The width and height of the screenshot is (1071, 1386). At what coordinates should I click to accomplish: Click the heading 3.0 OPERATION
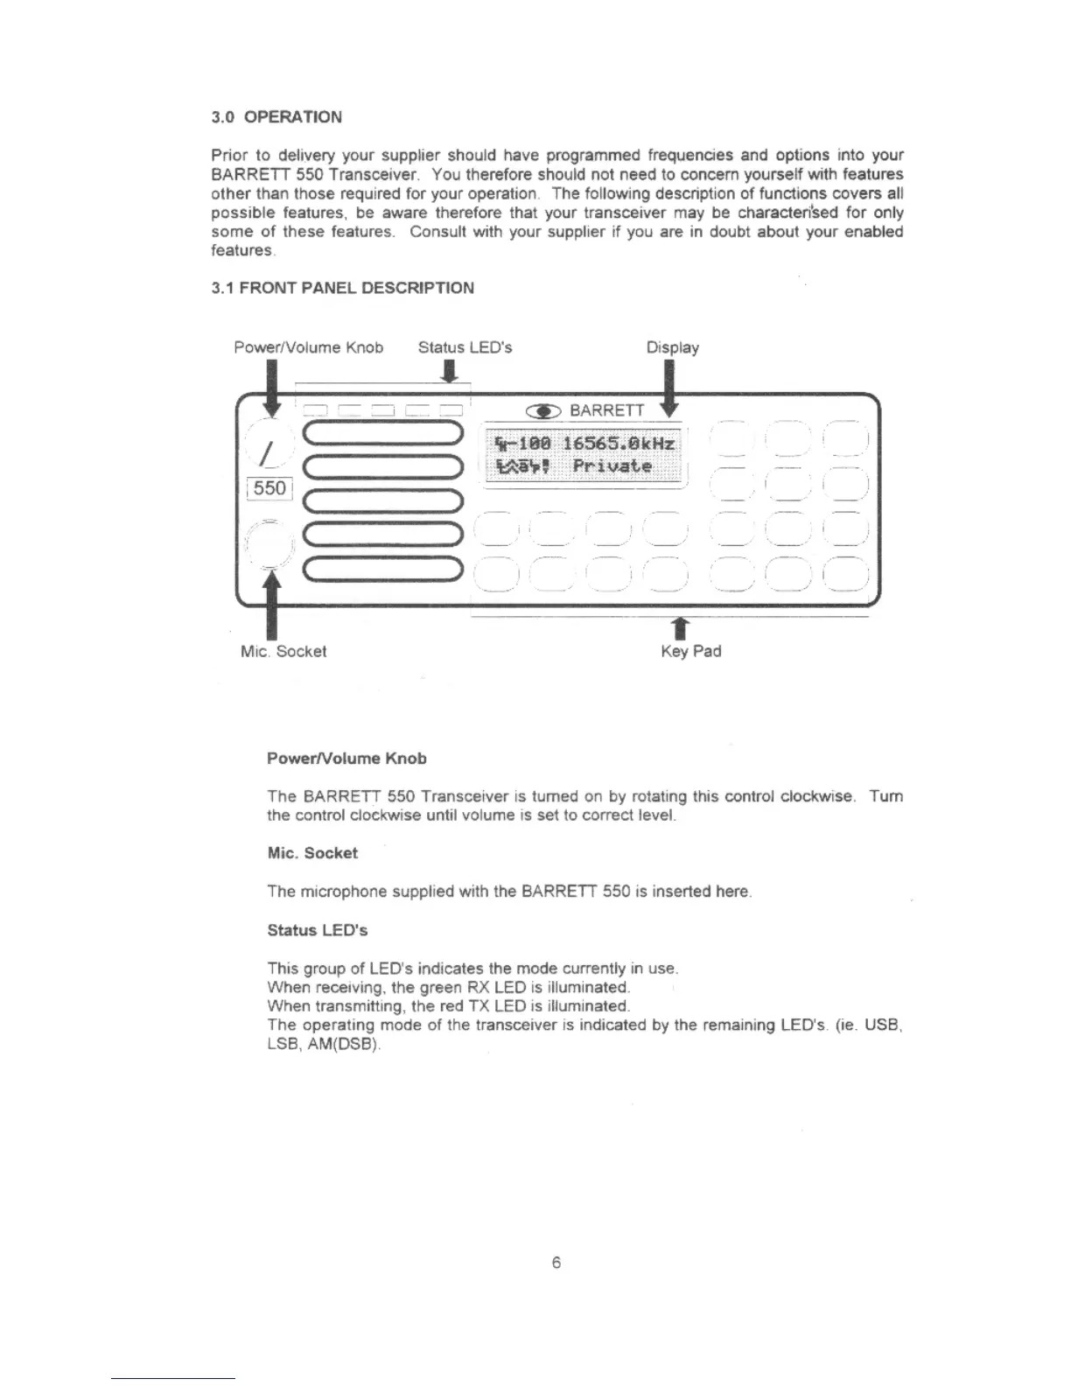click(x=276, y=117)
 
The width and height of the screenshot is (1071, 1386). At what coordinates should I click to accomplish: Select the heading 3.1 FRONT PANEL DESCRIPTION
click(x=342, y=288)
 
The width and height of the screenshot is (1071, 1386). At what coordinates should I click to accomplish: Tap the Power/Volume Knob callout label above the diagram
click(x=308, y=347)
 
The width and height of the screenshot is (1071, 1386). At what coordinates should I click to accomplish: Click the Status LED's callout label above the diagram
click(x=465, y=347)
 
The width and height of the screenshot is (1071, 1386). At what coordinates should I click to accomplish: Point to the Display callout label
click(x=672, y=347)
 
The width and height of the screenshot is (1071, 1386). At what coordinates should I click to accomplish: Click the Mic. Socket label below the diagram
click(x=283, y=651)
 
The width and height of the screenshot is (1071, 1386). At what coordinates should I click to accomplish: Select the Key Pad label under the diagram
click(x=690, y=651)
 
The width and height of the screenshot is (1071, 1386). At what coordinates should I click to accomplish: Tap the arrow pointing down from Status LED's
click(x=449, y=373)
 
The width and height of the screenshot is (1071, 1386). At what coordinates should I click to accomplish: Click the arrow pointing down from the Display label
click(x=669, y=388)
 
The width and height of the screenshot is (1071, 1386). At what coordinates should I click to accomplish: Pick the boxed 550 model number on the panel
click(x=269, y=488)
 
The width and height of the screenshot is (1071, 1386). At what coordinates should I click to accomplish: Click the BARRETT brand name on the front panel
click(x=606, y=411)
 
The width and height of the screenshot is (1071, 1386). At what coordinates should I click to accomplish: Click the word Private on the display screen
click(x=612, y=466)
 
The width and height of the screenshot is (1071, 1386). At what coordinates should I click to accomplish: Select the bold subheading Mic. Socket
click(x=312, y=853)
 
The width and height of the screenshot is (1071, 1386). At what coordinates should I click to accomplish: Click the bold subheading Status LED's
click(x=317, y=930)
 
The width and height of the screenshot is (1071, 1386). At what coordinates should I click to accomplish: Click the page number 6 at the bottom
click(x=556, y=1263)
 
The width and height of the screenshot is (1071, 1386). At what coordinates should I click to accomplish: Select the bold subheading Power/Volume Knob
click(x=346, y=759)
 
